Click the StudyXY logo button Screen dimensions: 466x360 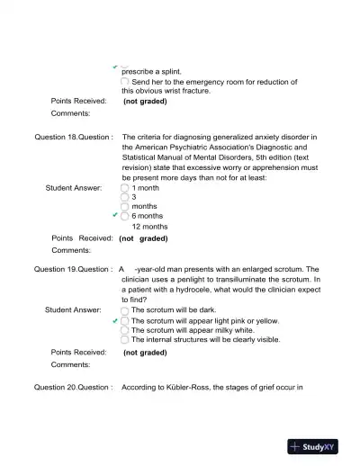[319, 445]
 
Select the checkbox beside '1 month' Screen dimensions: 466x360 [125, 188]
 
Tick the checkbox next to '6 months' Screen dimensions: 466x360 [125, 217]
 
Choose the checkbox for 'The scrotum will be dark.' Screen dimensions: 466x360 [125, 309]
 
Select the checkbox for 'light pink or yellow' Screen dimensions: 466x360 [125, 320]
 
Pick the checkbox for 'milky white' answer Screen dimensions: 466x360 [125, 330]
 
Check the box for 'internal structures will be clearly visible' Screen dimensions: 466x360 [125, 340]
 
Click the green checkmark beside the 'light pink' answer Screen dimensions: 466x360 [114, 320]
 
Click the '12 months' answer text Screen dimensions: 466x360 [149, 227]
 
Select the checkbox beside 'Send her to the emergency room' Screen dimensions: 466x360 [125, 82]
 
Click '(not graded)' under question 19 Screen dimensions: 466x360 [145, 353]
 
